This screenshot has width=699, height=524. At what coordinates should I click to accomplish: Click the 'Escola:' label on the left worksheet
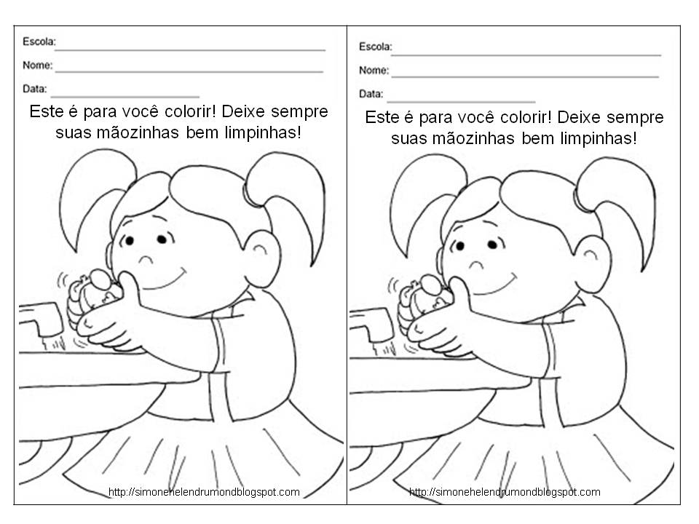coord(39,41)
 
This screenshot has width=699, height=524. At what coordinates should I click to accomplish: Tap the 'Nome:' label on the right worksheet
coord(374,70)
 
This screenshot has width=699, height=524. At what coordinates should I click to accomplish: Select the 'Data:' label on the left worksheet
coord(35,89)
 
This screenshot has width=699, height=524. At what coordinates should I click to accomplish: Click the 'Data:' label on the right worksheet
coord(371,94)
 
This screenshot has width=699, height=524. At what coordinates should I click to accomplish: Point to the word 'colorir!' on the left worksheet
coord(190,111)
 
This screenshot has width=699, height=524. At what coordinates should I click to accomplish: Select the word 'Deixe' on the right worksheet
coord(577,117)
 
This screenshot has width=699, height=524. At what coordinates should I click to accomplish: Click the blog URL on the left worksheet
coord(204,492)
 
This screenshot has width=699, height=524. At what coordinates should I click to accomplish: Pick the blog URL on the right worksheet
coord(505,492)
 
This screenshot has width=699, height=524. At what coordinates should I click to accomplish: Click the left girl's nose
coord(146,259)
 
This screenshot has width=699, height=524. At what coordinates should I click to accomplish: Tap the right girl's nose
coord(475,264)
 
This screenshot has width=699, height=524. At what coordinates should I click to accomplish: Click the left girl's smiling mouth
coord(165,281)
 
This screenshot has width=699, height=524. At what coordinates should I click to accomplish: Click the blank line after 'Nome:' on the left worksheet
coord(189,71)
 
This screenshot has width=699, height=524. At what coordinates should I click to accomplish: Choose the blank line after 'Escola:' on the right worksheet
coord(526,55)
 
